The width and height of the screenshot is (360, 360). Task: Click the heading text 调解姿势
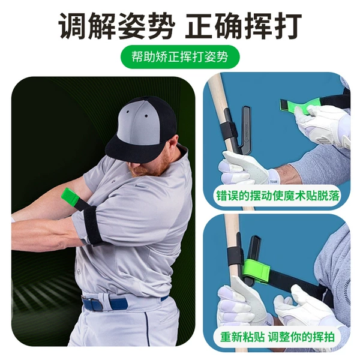point(116,26)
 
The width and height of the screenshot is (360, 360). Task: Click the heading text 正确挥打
point(244,26)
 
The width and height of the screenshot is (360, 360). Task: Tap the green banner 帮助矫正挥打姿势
point(180,57)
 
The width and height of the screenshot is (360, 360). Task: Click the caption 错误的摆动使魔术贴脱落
point(278,196)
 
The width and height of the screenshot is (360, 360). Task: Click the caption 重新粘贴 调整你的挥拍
point(277,337)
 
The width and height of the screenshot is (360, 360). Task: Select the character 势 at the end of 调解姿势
point(160,26)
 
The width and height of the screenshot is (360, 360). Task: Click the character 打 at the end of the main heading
point(287,26)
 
